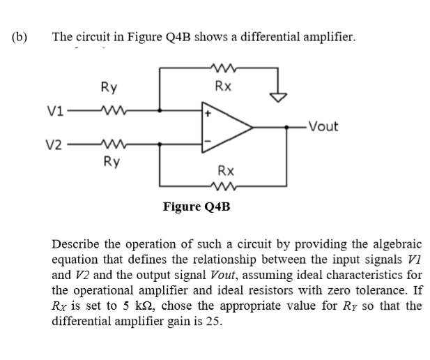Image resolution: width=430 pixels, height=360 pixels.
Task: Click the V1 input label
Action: point(57,110)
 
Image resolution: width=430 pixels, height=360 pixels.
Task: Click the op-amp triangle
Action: point(226,127)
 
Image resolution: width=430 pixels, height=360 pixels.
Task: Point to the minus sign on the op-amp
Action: point(207,144)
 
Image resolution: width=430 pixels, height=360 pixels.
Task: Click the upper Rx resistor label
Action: point(224,87)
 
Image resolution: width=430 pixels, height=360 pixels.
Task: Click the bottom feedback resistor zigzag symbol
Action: point(224,186)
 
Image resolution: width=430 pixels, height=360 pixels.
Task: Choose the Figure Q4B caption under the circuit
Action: point(196,207)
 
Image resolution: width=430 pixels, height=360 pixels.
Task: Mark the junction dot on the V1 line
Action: point(162,110)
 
